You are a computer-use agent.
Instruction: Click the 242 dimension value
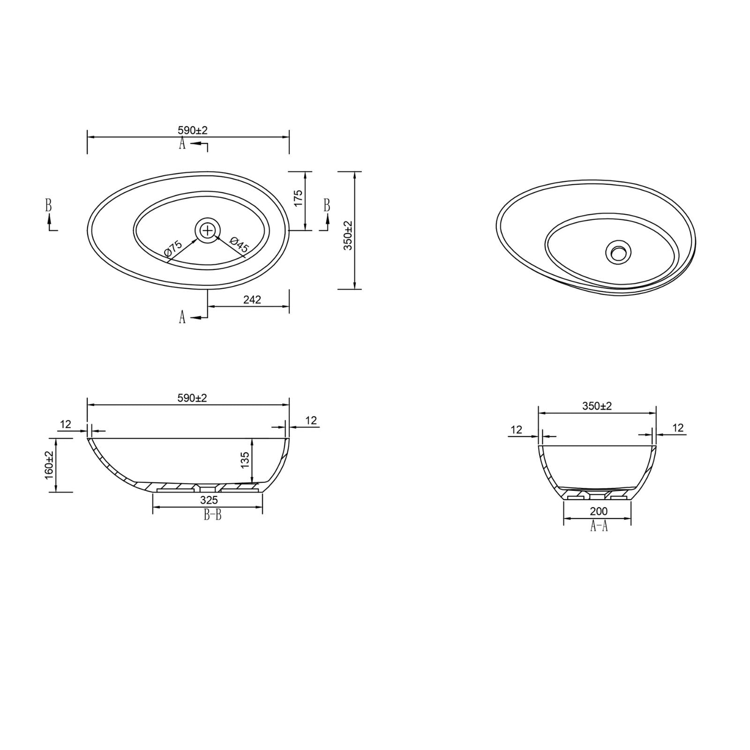[252, 300]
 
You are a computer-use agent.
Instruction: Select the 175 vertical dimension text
[298, 198]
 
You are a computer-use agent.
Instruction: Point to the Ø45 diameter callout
[239, 245]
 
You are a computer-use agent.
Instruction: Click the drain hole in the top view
[207, 230]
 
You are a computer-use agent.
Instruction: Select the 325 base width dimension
[209, 501]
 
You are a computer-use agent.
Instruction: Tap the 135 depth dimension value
[245, 460]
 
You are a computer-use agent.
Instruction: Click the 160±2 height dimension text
[49, 465]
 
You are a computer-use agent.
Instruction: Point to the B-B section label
[212, 516]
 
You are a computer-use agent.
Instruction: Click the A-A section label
[599, 526]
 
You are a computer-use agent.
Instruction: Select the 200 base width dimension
[599, 511]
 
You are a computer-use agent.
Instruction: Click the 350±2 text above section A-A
[597, 406]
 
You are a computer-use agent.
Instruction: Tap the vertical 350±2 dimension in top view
[348, 235]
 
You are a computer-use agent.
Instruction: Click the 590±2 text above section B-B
[192, 398]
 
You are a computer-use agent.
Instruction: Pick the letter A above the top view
[182, 143]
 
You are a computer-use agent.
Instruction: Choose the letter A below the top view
[182, 317]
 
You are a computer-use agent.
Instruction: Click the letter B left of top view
[48, 205]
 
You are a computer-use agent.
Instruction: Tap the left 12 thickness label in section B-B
[66, 424]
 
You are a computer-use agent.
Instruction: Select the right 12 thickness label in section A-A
[678, 427]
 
